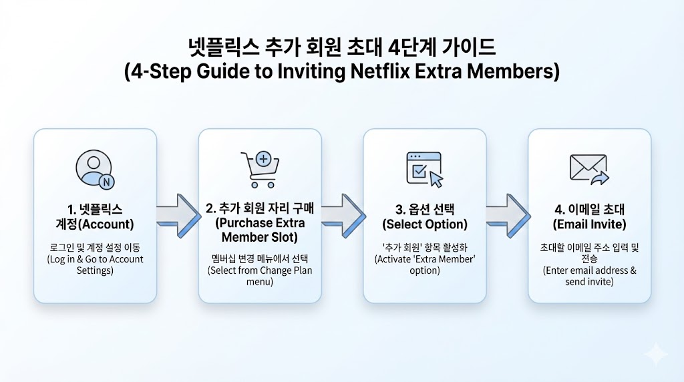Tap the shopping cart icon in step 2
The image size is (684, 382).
(x=259, y=169)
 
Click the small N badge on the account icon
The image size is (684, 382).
(x=106, y=180)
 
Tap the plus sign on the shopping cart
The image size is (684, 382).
(x=264, y=160)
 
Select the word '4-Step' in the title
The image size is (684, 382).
(x=164, y=71)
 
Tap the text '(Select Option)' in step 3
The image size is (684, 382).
(x=424, y=224)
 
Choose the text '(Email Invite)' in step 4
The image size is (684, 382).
(x=589, y=224)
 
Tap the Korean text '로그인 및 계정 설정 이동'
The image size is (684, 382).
(x=95, y=248)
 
